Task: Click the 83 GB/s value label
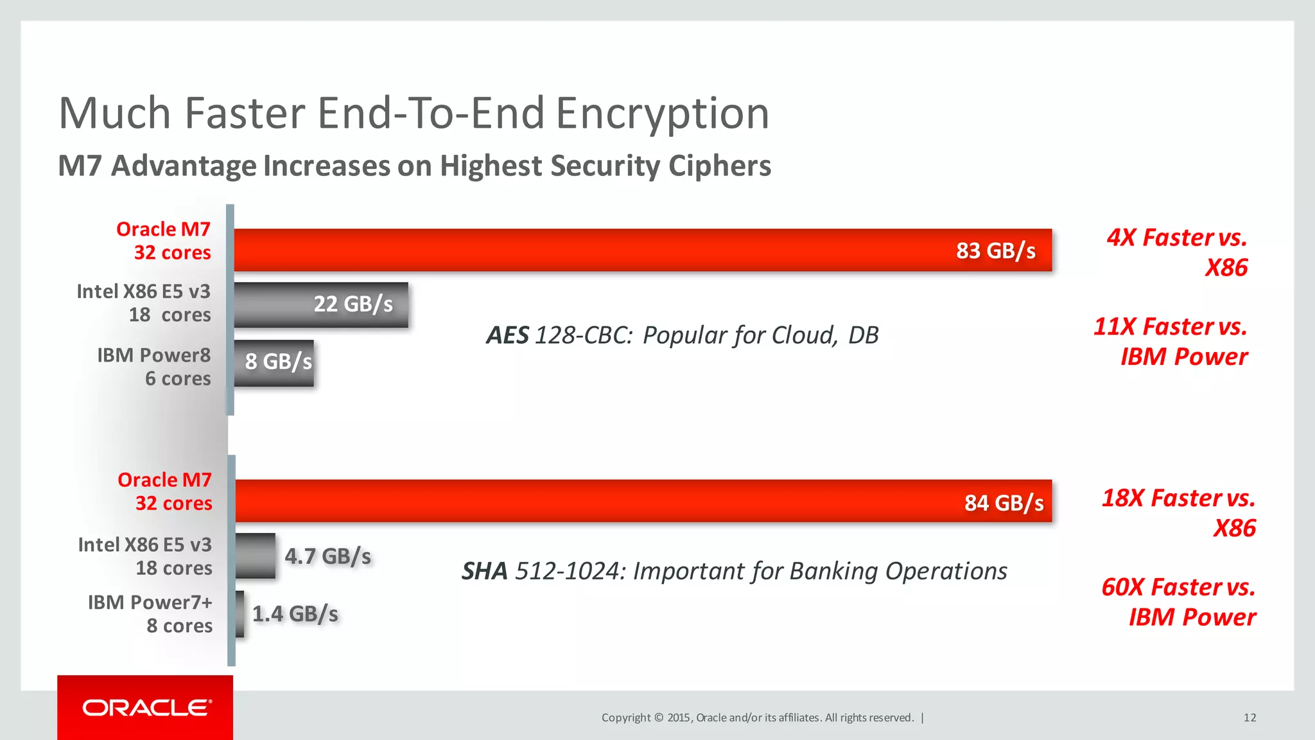coord(995,251)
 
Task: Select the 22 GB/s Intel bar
coord(321,304)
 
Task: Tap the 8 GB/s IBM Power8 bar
coord(274,363)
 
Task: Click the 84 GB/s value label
coord(1004,502)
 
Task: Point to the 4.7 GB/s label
coord(327,556)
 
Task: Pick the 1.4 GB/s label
coord(295,614)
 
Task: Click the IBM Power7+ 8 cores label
coord(150,614)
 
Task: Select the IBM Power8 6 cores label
coord(154,367)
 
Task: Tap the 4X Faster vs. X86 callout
coord(1177,252)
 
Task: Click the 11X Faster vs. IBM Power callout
coord(1171,341)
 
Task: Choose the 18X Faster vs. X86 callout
coord(1179,513)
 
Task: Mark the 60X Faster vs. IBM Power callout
coord(1179,602)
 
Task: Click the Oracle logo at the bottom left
coord(146,707)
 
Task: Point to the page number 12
coord(1250,718)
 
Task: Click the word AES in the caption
coord(507,335)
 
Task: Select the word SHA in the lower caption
coord(484,571)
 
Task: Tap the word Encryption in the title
coord(662,114)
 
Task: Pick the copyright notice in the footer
coord(758,718)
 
